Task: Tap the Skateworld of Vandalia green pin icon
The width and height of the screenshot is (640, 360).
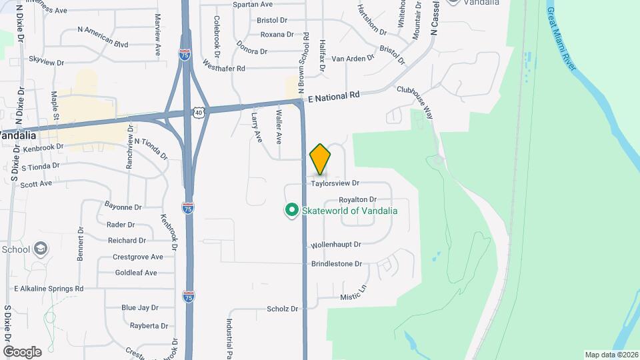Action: pos(291,211)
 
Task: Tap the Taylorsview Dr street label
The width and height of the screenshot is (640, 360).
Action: pos(335,183)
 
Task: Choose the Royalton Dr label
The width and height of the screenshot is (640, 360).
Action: pos(357,199)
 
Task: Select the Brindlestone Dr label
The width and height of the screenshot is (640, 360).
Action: pos(336,264)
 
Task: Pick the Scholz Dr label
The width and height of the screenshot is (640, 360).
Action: pos(282,309)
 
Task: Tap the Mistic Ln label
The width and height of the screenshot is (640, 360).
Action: pos(353,292)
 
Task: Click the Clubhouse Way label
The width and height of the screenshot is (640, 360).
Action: pos(415,102)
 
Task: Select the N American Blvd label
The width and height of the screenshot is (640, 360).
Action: pos(103,37)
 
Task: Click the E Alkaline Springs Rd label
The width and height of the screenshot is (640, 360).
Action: pos(49,289)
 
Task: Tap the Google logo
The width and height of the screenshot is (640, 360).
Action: pos(22,351)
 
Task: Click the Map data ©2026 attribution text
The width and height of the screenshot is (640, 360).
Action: pos(611,355)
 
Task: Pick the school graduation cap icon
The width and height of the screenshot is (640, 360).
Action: pos(40,249)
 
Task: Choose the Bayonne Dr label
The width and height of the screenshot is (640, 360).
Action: pos(123,207)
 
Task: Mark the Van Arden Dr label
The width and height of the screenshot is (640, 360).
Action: pos(353,59)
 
